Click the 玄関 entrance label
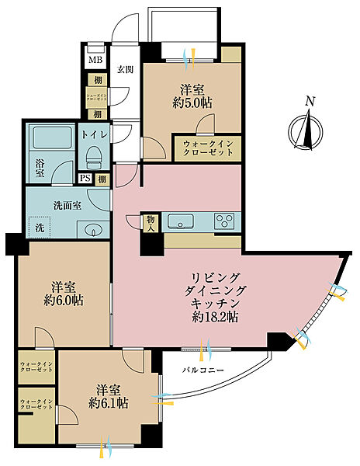[x=124, y=68]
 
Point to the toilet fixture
[x=93, y=158]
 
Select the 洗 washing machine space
[x=39, y=229]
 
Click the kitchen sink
[x=180, y=221]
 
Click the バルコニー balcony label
[x=204, y=369]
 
